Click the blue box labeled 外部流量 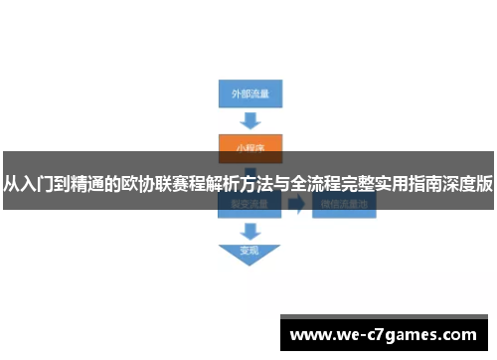pyautogui.click(x=249, y=94)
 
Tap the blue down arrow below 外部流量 pyautogui.click(x=249, y=120)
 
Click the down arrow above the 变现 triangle pyautogui.click(x=248, y=230)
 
